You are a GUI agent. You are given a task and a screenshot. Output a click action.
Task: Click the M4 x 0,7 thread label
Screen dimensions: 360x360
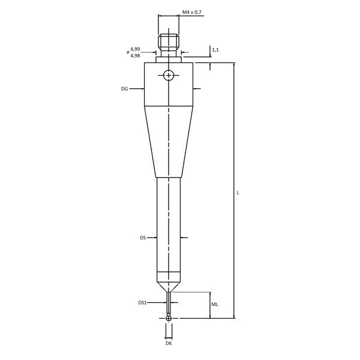coord(192,12)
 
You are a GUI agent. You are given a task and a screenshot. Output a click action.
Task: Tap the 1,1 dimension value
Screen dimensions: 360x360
coord(215,50)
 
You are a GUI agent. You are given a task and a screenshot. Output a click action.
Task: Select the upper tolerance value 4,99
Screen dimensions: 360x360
coord(135,49)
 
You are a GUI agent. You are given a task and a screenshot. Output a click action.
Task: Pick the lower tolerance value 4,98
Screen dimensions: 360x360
coord(135,56)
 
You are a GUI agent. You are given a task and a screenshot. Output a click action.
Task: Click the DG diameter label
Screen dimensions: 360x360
coord(124,89)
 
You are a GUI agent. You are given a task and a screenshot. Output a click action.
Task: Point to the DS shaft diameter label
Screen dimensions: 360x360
coord(143,238)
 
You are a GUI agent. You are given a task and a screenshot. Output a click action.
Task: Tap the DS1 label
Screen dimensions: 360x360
coord(142,303)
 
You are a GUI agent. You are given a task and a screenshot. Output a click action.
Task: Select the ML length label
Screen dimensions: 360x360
coord(215,304)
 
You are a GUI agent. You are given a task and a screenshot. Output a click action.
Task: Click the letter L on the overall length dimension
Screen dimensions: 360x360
coord(238,193)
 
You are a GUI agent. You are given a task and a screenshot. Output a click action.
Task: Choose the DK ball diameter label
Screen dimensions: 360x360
coord(169,343)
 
